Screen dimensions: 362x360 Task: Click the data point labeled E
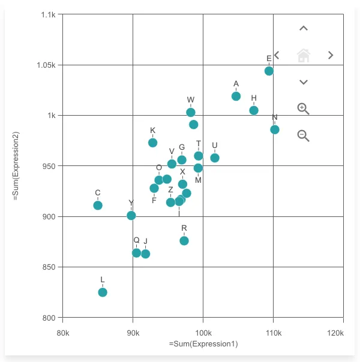(269, 71)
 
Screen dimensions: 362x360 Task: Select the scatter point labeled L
(103, 292)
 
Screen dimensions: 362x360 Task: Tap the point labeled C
(98, 206)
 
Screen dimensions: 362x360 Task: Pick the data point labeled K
(153, 143)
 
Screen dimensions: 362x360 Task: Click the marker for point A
(236, 96)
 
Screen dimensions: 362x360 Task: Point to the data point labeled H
(254, 110)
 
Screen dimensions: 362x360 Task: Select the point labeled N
(275, 129)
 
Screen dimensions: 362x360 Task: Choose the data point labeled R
(184, 241)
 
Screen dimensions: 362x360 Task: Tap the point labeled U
(215, 158)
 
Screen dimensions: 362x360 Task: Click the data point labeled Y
(131, 216)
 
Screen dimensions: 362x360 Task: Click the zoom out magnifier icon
(304, 136)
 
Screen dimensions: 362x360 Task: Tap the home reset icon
(304, 56)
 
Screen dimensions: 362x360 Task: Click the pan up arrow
(304, 29)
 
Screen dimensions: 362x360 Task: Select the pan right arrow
(331, 56)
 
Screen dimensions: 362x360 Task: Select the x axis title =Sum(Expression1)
(203, 344)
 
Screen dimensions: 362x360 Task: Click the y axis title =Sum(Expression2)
(16, 165)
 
